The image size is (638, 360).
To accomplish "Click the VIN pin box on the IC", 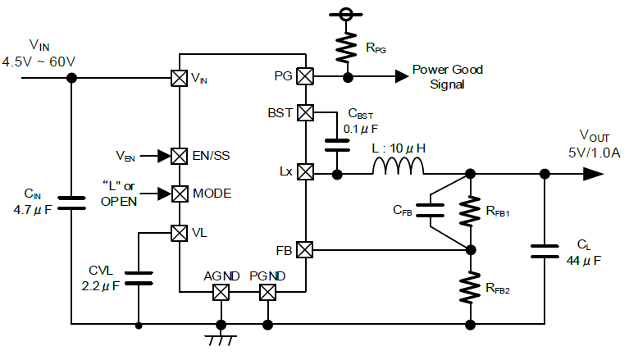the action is tap(179, 78).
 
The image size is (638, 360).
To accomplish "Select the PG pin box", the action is tap(305, 76).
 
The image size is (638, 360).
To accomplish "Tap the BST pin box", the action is tap(305, 112).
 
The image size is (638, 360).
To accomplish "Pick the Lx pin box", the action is tap(305, 171).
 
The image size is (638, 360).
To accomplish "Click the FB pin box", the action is tap(305, 250).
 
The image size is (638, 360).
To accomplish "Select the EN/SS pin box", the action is tap(179, 156).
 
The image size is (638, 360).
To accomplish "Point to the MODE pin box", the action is tap(179, 194).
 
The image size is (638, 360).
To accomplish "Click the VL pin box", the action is tap(179, 233).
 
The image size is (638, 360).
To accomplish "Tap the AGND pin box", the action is tap(221, 292).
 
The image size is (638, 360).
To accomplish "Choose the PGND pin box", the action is tap(267, 292).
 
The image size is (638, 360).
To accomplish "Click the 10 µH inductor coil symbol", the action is tap(399, 166).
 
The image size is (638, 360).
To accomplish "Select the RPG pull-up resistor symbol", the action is tap(346, 48).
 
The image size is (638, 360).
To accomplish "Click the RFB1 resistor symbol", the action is tap(470, 212).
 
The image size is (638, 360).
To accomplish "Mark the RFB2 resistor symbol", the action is tap(470, 288).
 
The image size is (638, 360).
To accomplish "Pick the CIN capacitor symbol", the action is tap(71, 203).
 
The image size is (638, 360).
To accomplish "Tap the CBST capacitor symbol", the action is tap(337, 145).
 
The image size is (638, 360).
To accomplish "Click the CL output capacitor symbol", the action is tap(545, 251).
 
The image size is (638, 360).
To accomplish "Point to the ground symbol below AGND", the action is tap(221, 340).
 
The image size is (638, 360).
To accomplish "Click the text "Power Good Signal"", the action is tap(448, 77).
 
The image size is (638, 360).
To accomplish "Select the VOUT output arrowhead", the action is tap(593, 174).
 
